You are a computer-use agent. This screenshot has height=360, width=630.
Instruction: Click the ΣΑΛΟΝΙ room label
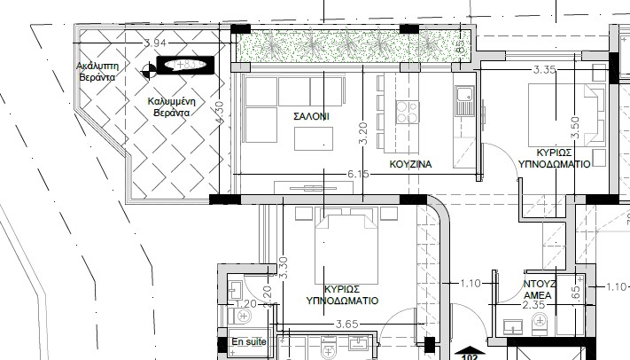tap(311, 116)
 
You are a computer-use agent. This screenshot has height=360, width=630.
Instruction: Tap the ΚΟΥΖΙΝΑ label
tap(410, 165)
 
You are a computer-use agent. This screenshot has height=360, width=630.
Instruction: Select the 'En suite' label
tap(248, 340)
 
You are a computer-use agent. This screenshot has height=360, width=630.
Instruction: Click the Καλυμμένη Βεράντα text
tap(172, 107)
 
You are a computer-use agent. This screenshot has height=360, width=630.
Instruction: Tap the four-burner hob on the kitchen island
tap(407, 112)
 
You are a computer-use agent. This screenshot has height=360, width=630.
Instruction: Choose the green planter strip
tap(350, 44)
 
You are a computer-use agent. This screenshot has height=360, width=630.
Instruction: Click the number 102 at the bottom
tap(471, 356)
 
